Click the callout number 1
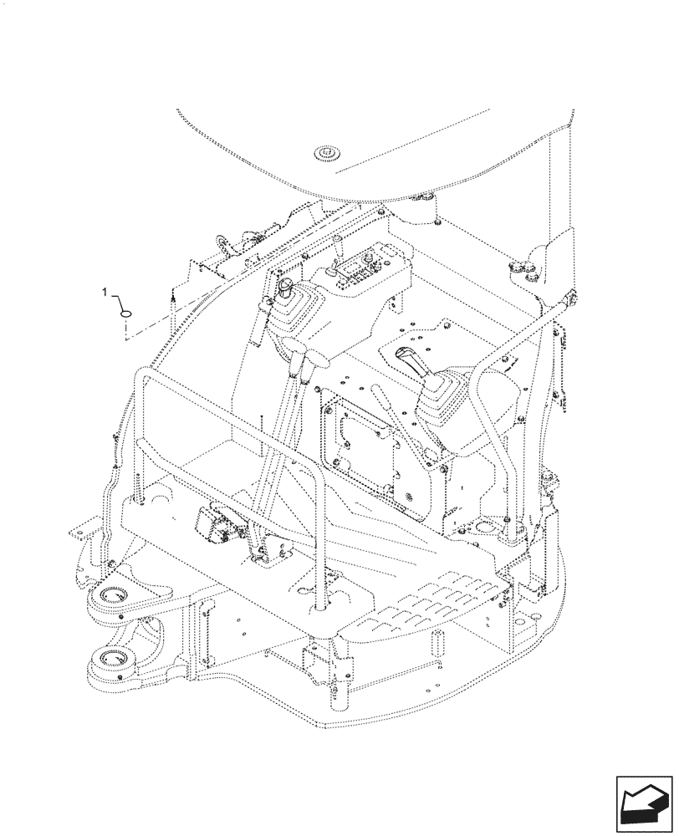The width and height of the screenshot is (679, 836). point(104,292)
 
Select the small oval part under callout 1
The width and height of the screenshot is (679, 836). point(125,314)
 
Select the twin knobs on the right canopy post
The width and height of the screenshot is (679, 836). point(525,268)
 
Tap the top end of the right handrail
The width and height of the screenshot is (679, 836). point(571,296)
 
